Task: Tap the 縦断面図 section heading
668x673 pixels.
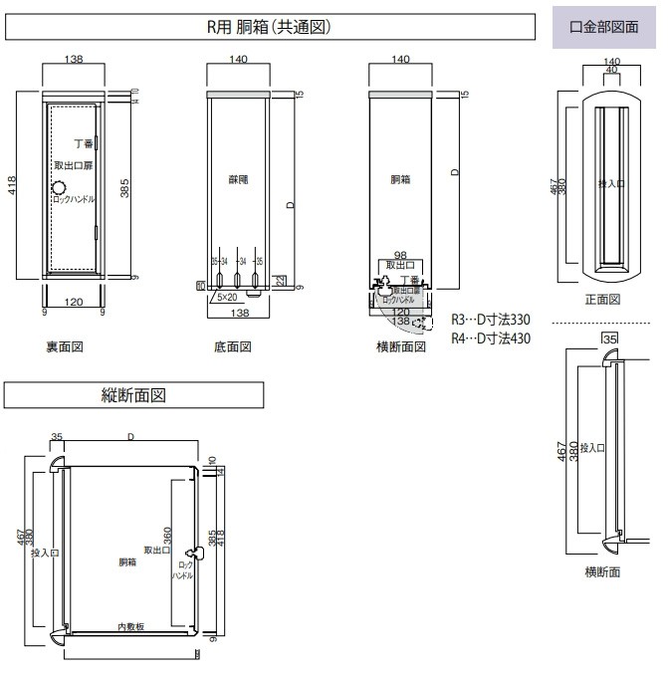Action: point(134,394)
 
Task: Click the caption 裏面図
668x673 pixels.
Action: point(64,346)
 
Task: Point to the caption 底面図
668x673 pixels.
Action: point(233,346)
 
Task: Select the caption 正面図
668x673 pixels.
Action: point(603,299)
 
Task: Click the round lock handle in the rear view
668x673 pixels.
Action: point(59,188)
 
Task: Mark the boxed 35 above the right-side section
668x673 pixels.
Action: point(610,339)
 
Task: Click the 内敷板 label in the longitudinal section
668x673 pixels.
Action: point(131,626)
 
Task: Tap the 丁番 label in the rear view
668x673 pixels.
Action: point(83,144)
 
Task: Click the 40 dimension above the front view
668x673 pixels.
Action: point(610,70)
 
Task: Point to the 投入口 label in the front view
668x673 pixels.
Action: point(608,184)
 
